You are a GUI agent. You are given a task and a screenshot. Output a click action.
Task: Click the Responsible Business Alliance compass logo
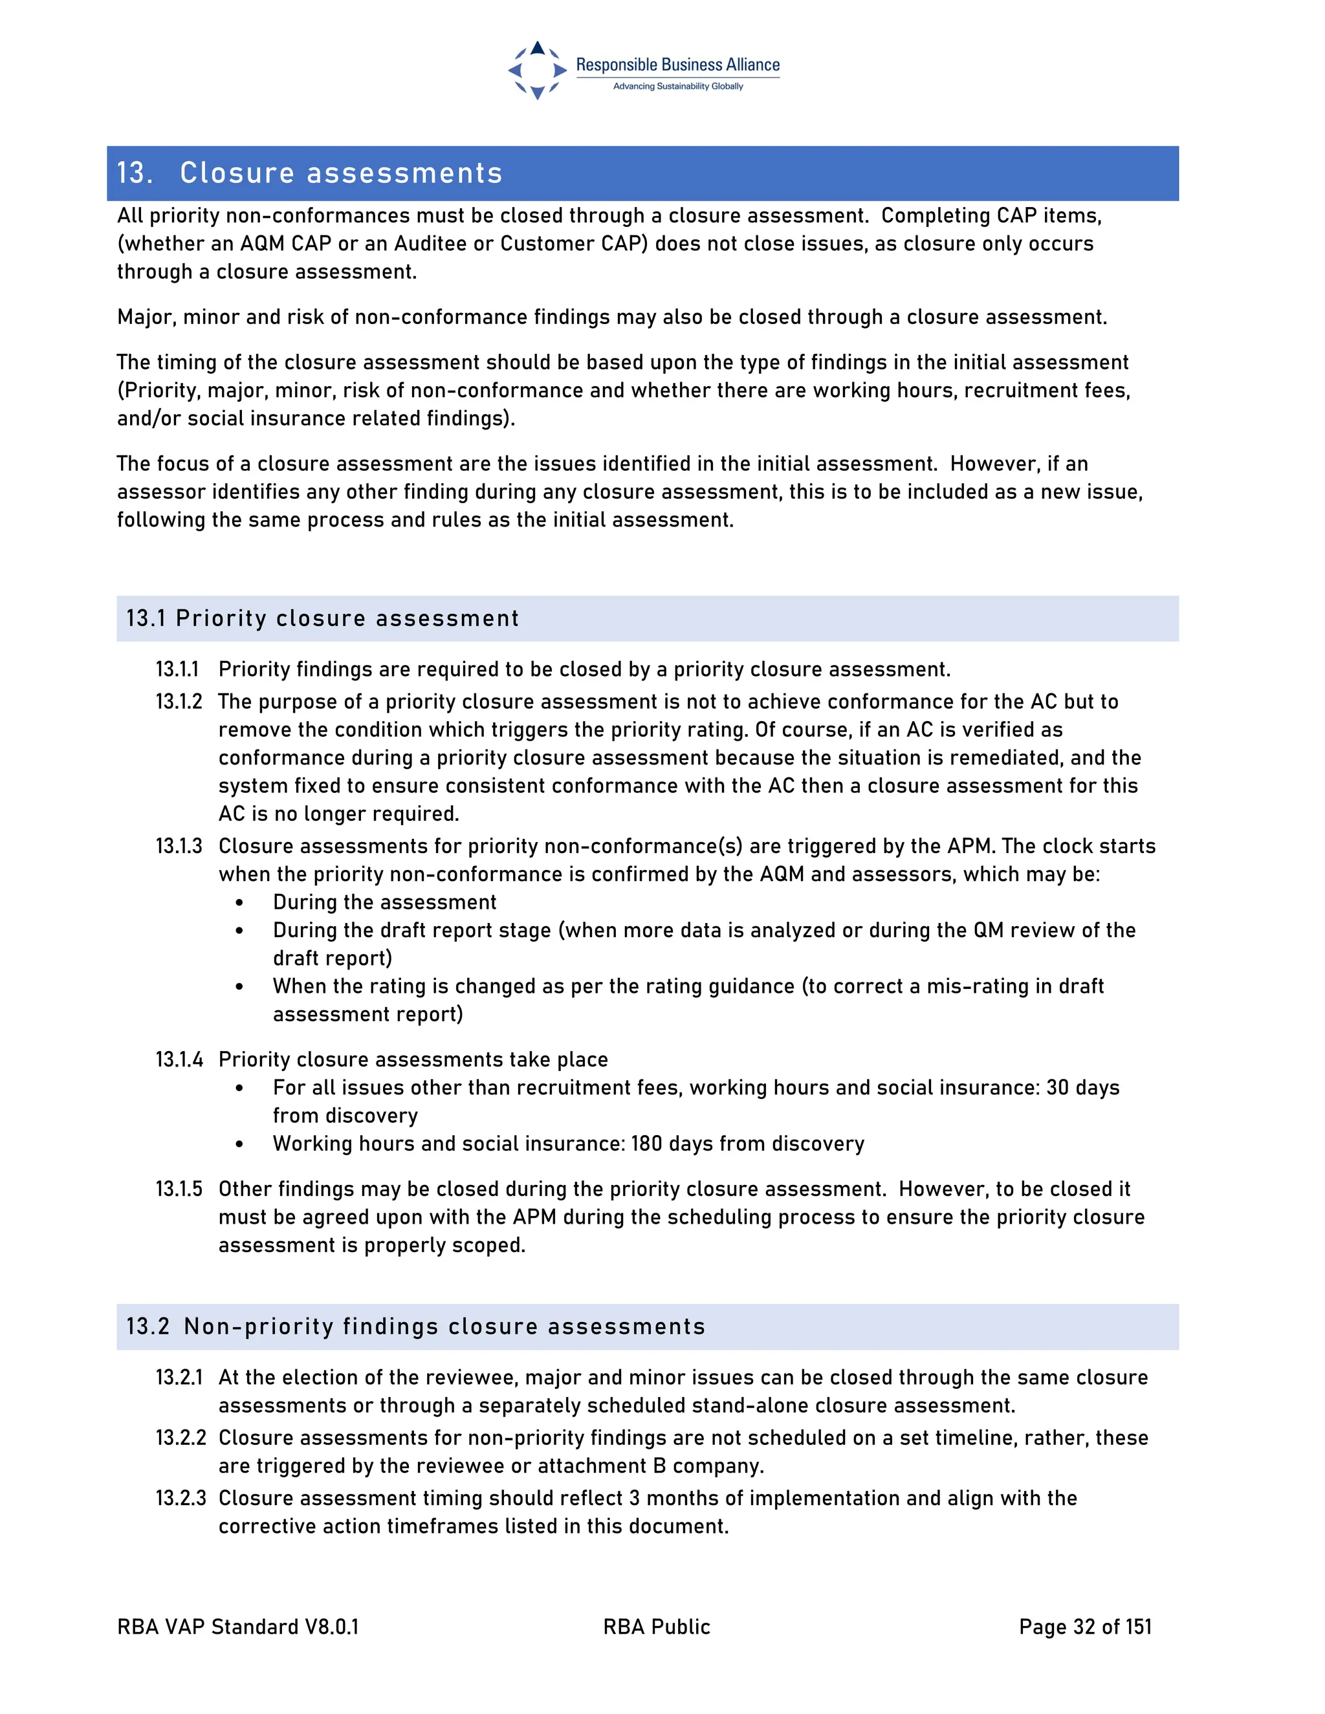[537, 71]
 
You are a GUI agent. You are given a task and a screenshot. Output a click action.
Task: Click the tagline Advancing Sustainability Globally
[677, 86]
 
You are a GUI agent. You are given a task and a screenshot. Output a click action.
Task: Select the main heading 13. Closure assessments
[309, 173]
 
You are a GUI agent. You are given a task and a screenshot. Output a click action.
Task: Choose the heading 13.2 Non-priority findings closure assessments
[415, 1327]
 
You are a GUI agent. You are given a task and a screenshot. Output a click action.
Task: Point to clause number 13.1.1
[177, 669]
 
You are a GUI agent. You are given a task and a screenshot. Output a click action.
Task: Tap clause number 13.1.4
[179, 1059]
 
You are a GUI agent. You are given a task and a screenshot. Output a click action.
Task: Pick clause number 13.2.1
[179, 1377]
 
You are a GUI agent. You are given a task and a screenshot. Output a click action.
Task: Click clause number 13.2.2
[180, 1438]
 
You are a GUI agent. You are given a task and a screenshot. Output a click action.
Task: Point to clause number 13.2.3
[180, 1498]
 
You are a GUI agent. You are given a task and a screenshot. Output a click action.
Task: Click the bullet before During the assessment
[239, 904]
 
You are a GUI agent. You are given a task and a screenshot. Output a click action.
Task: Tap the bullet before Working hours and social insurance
[239, 1144]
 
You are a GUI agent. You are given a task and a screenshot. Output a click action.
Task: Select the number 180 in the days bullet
[647, 1144]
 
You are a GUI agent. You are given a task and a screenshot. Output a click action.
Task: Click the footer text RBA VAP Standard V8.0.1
[238, 1627]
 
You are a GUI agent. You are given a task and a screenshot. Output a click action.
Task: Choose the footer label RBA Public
[656, 1627]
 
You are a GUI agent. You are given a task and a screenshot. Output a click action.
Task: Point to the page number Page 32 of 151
[1085, 1627]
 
